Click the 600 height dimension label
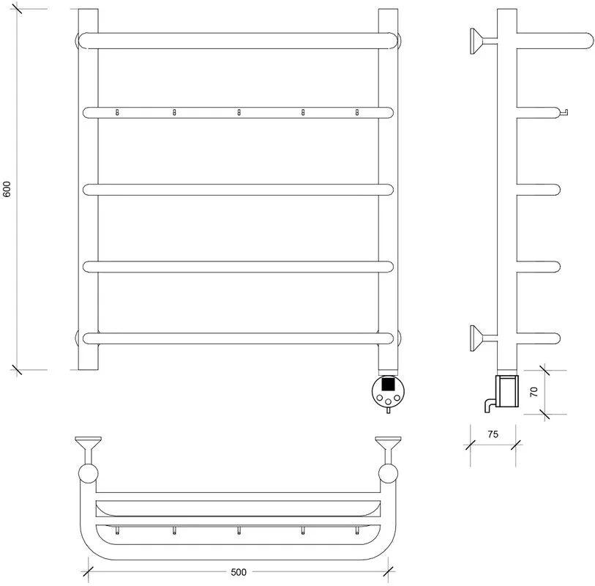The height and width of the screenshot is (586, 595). click(x=7, y=189)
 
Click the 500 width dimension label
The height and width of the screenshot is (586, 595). click(x=239, y=572)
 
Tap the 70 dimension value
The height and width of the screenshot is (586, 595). click(x=534, y=392)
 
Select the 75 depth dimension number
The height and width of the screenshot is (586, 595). click(x=493, y=434)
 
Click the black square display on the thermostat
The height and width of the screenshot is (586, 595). click(x=387, y=384)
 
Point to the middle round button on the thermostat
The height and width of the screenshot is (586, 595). click(x=388, y=401)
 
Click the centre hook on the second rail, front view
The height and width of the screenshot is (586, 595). click(x=239, y=112)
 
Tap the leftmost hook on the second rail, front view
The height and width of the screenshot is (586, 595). click(x=117, y=112)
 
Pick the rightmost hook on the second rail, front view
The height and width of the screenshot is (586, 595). click(x=356, y=112)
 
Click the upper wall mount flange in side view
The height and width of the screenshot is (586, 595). click(x=476, y=40)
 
